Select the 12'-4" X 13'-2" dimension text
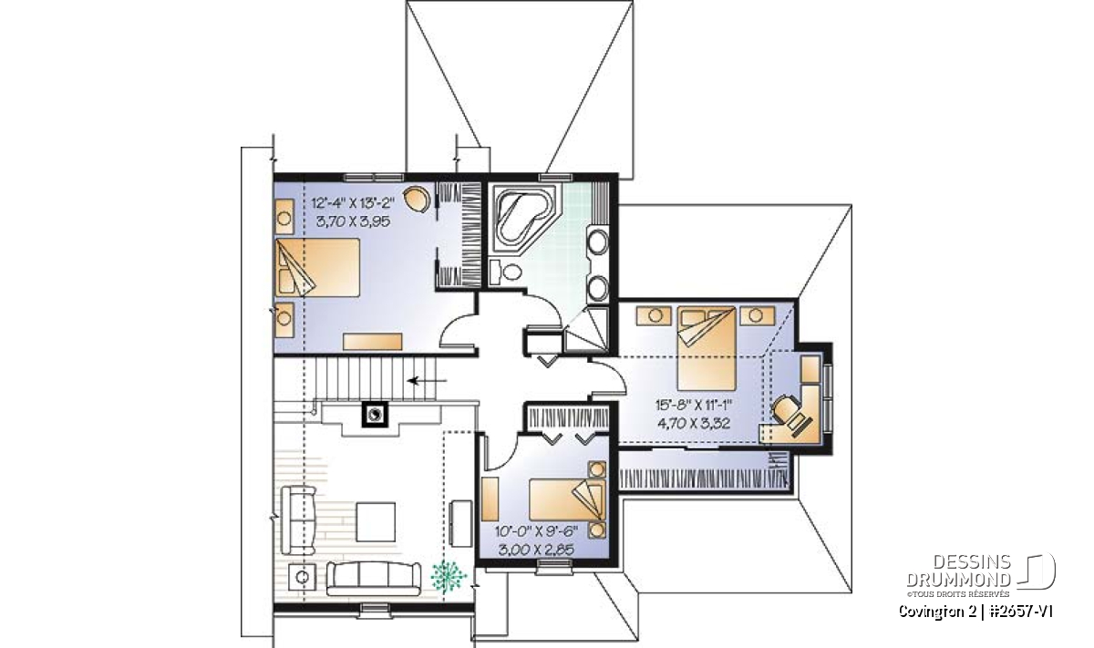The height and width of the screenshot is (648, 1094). (360, 201)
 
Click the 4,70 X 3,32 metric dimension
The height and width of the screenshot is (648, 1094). (694, 423)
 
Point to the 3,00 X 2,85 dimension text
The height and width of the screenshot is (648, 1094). (536, 550)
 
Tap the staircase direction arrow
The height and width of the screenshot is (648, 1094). (427, 380)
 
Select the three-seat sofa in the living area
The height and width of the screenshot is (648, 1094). (374, 579)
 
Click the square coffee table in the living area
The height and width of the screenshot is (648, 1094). (375, 521)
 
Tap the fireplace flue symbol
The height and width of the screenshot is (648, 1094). (375, 415)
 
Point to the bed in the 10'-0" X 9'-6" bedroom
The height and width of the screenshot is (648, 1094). (566, 499)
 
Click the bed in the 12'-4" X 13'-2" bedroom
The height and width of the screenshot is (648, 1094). (317, 267)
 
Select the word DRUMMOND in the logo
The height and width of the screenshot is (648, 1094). (958, 580)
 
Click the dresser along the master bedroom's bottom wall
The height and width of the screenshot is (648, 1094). (372, 342)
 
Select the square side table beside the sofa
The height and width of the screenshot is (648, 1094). (303, 578)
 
